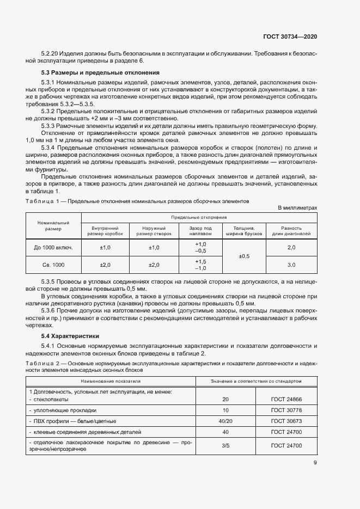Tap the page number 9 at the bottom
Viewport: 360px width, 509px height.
click(315, 463)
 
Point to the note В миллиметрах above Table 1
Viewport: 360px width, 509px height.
click(297, 208)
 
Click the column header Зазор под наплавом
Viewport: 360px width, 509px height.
click(200, 230)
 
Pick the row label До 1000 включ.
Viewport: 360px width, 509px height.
click(53, 248)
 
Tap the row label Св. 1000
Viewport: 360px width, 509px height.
click(53, 265)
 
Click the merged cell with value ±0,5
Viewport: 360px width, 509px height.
click(245, 256)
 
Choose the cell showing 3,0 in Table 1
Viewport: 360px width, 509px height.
click(291, 265)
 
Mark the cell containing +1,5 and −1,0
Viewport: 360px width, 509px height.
click(200, 265)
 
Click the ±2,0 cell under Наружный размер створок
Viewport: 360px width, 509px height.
click(154, 265)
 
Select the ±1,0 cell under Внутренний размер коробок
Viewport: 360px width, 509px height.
click(105, 248)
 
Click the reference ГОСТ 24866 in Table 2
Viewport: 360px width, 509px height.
click(286, 400)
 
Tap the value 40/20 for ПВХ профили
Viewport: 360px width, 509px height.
click(225, 421)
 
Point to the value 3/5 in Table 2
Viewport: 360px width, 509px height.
click(225, 446)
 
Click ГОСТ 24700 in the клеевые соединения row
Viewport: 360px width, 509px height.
click(286, 432)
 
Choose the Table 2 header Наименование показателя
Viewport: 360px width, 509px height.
click(111, 381)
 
